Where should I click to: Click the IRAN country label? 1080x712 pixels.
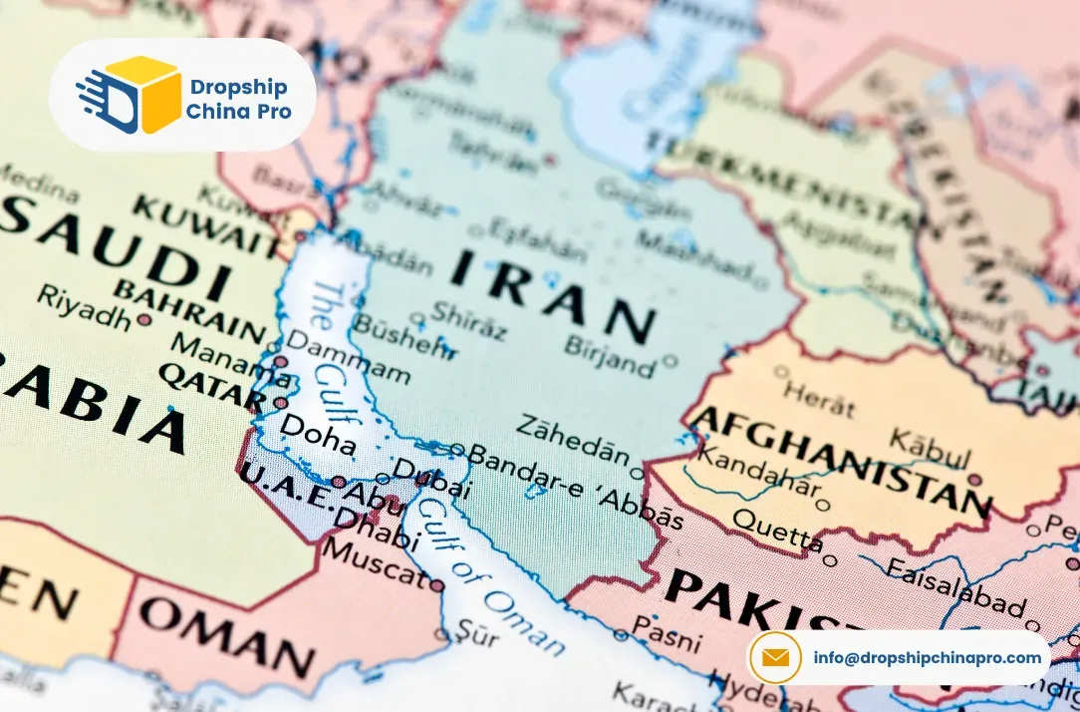tap(554, 292)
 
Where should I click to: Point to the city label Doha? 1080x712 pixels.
tap(318, 432)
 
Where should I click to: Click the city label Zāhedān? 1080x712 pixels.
tap(573, 437)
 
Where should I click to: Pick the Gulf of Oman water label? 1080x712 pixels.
tap(489, 572)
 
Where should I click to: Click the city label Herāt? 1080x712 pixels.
tap(818, 397)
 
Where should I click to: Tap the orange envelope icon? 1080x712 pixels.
tap(775, 657)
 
